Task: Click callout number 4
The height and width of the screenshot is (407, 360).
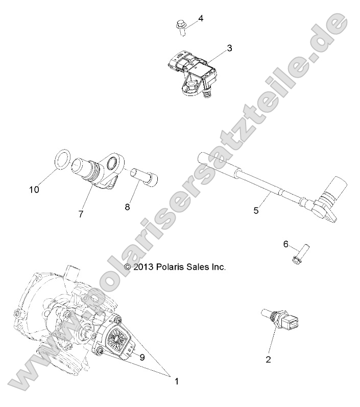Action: (201, 18)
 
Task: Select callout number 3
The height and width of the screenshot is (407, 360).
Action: (229, 49)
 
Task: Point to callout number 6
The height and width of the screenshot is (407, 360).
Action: (286, 244)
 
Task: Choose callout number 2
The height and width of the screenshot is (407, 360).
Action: (268, 359)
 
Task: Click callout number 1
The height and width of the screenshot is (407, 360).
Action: (177, 380)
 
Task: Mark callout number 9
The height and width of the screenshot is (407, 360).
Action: (142, 357)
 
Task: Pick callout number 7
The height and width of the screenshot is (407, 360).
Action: (81, 214)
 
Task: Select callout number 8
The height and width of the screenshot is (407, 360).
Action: (127, 207)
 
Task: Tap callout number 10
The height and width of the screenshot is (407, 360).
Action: (34, 189)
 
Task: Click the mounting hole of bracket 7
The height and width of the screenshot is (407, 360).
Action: (112, 164)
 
